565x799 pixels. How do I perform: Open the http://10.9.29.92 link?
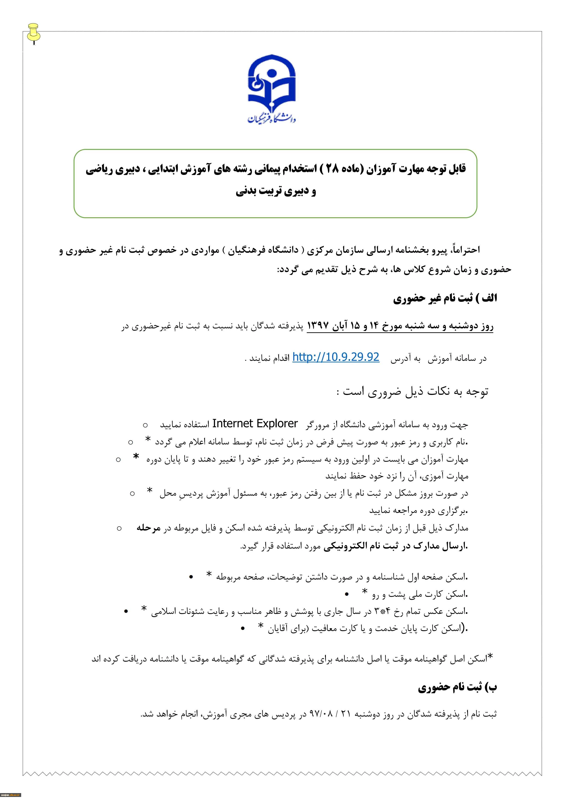[x=336, y=357]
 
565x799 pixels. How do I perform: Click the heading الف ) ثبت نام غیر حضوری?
[x=445, y=299]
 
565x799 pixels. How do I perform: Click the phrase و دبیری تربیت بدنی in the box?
[x=276, y=192]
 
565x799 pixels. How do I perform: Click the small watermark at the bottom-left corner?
[x=10, y=795]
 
